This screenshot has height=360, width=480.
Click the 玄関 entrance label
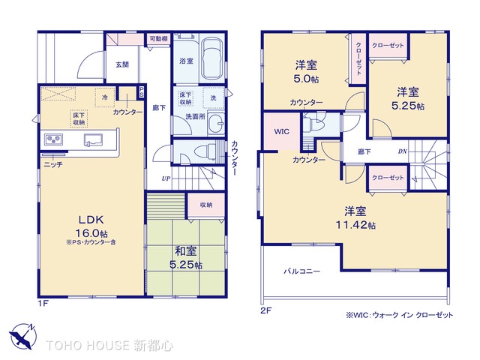click(121, 64)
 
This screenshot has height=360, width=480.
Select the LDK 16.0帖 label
click(89, 224)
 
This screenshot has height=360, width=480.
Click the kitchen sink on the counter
click(94, 139)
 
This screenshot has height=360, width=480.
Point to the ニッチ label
click(52, 163)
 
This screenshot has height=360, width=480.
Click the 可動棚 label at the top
click(157, 39)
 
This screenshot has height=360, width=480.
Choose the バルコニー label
click(301, 271)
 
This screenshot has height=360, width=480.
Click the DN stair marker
click(403, 151)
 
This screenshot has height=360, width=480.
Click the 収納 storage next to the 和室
click(205, 204)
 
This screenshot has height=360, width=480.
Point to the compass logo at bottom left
click(20, 337)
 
